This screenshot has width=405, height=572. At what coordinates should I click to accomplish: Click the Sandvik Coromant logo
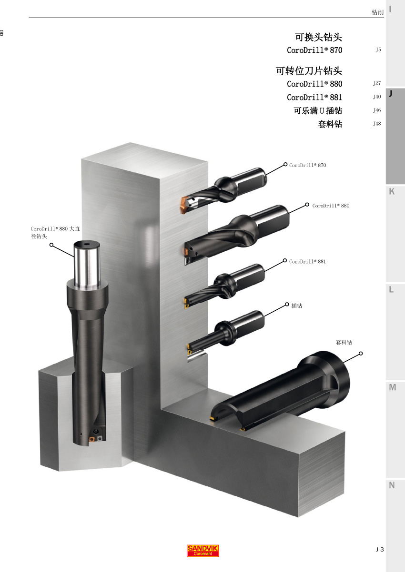pos(202,551)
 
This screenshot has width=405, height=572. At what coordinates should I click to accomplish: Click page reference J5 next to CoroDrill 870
pos(378,49)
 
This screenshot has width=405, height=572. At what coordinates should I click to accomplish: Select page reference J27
pos(377,83)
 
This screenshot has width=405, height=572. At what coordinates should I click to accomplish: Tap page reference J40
pos(377,97)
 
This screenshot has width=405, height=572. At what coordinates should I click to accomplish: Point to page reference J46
pos(377,110)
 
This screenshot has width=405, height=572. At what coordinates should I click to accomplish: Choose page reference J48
pos(377,124)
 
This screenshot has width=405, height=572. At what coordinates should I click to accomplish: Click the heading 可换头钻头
pos(318,37)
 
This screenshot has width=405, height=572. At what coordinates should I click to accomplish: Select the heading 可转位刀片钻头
pos(309,71)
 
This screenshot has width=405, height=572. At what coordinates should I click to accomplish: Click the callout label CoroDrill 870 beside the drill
pos(308,165)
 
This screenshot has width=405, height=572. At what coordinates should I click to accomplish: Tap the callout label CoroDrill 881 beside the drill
pos(307,261)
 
